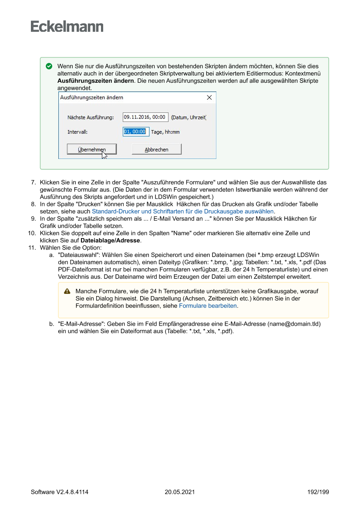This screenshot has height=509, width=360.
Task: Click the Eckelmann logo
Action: tap(67, 27)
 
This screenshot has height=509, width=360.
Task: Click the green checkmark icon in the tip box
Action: tap(49, 67)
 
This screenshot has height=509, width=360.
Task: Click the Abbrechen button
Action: tap(156, 149)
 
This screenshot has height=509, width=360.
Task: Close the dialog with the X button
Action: tap(209, 98)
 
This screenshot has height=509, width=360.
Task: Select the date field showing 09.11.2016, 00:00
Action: tap(145, 117)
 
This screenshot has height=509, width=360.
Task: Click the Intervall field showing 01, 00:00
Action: tap(135, 131)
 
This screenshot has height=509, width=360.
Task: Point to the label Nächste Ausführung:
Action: tap(91, 118)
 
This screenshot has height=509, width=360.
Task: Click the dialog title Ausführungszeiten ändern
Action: tap(91, 98)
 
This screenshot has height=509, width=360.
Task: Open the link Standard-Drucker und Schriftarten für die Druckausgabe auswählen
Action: tap(183, 211)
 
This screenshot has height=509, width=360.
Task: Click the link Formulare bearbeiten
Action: tap(208, 306)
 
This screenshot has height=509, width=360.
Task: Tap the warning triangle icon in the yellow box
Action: tap(67, 291)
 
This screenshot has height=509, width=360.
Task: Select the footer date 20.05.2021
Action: tap(180, 492)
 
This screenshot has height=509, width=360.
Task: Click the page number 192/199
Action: tap(318, 492)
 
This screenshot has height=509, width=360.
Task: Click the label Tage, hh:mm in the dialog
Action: tap(165, 132)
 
